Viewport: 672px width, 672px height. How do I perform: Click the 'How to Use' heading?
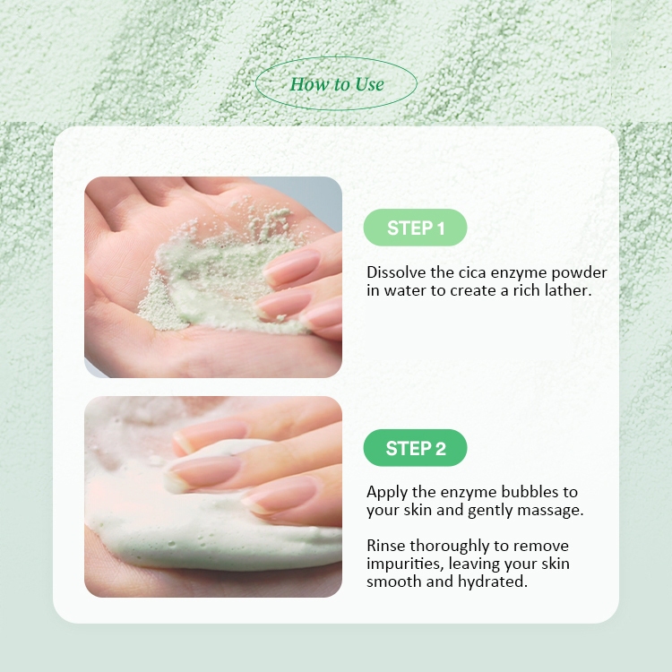pyautogui.click(x=337, y=84)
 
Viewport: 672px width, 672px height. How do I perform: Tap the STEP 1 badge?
pyautogui.click(x=415, y=228)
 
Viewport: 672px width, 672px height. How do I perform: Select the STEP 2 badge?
pyautogui.click(x=415, y=448)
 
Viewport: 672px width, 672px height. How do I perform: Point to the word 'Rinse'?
pyautogui.click(x=385, y=546)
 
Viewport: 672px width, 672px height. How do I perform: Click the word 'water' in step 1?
pyautogui.click(x=405, y=290)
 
